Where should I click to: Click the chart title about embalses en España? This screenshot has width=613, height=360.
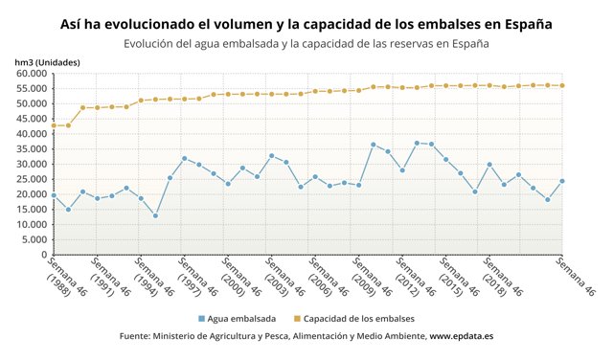coord(306,22)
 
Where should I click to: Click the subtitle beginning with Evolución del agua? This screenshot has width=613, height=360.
coord(306,44)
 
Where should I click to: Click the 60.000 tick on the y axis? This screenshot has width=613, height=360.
coord(32,74)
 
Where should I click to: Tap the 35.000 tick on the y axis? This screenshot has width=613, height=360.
coord(32,149)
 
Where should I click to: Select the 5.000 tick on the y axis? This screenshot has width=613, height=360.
coord(34,239)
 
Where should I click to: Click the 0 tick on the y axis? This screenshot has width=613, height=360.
coord(44,255)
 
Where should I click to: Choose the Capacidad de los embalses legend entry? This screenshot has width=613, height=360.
coord(358,318)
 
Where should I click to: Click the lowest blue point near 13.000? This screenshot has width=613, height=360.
coord(155,215)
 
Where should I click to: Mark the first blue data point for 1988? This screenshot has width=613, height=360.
coord(54,195)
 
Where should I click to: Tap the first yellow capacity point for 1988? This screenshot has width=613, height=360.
coord(54,125)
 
